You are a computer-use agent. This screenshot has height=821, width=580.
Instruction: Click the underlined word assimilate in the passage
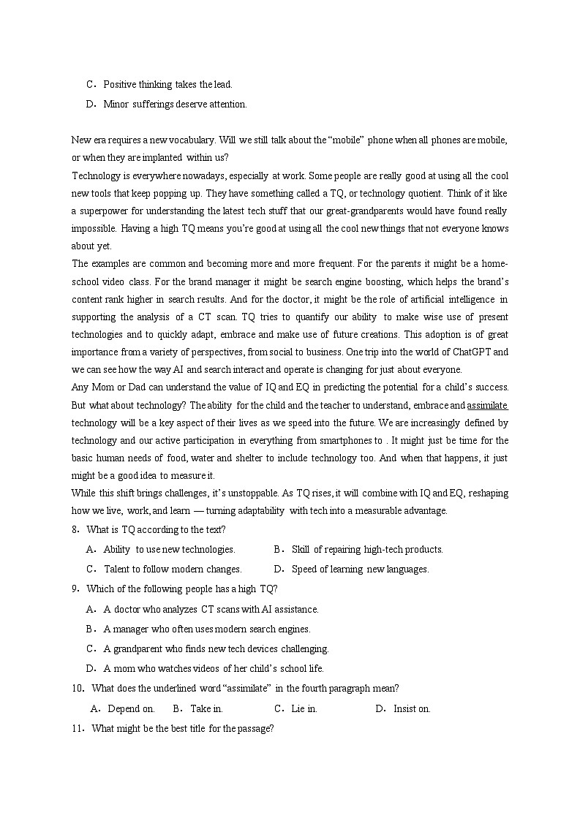coord(488,405)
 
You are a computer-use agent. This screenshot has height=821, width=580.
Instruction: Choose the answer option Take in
coord(206,708)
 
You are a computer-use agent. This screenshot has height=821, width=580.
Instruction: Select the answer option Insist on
coord(412,708)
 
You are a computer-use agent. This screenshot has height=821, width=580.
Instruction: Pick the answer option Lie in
coord(304,708)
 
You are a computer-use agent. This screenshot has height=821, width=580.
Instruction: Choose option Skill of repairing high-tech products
coord(366,549)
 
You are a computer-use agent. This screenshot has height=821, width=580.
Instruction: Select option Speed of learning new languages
coord(360,569)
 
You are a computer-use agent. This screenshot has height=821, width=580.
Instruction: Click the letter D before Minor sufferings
coord(89,104)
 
